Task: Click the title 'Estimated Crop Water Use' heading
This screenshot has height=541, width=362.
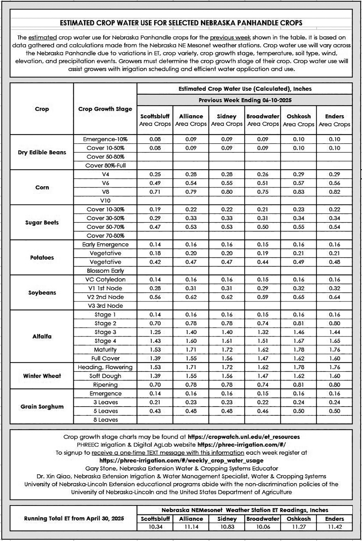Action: coord(181,23)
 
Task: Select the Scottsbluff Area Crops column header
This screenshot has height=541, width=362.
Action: coord(155,120)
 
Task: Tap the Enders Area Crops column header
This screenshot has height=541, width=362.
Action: coord(334,120)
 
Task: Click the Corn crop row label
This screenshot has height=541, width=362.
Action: coord(42,187)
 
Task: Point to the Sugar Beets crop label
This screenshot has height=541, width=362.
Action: coord(42,222)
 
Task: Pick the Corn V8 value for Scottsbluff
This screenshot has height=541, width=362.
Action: coord(155,192)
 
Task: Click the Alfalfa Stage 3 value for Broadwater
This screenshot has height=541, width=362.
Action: coord(263,332)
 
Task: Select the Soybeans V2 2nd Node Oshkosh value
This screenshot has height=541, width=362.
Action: coord(298,297)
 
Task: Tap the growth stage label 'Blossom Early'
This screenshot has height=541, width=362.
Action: coord(105,271)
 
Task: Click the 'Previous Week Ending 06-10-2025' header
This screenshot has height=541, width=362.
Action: coord(245,100)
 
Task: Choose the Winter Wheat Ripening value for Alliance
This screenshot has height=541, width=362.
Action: coord(191,385)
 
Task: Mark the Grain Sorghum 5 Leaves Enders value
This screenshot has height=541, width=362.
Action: coord(334,411)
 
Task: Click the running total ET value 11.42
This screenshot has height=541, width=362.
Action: coord(334,527)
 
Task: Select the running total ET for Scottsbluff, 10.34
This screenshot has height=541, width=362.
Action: coord(155,527)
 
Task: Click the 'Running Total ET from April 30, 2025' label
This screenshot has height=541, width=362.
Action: coord(74,518)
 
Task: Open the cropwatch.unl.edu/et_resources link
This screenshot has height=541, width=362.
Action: coord(244,437)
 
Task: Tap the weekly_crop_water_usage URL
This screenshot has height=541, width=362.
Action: coord(181,460)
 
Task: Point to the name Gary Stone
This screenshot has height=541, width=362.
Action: coord(101,468)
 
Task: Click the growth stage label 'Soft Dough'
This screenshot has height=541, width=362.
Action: coord(105,376)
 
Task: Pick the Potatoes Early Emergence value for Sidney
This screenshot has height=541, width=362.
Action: coord(227,244)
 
